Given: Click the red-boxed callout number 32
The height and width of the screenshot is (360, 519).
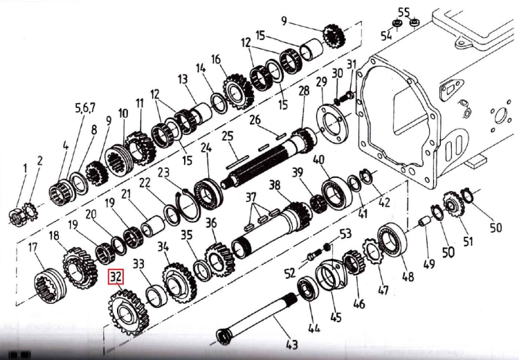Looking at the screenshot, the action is click(116, 277).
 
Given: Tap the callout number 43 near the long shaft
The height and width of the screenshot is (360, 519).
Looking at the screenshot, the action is click(291, 345).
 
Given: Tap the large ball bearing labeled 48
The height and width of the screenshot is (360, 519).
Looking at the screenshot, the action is click(392, 240).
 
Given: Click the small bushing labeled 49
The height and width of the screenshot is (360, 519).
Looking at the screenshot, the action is click(425, 222).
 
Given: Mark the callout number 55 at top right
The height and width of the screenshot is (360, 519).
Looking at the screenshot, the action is click(404, 12).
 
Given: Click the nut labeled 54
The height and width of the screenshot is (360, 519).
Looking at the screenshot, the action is click(397, 24).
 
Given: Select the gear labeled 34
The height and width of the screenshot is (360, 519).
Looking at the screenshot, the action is click(179, 282).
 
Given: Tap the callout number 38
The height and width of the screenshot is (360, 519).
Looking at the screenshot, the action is click(275, 185).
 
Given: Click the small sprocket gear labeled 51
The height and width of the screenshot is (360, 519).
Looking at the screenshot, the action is click(453, 204).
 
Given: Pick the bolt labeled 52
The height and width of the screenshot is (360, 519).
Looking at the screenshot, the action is click(313, 255).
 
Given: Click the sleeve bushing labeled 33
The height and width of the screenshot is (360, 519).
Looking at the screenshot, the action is click(156, 296).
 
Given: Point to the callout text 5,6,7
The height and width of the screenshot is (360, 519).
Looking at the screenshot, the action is click(85, 108).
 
